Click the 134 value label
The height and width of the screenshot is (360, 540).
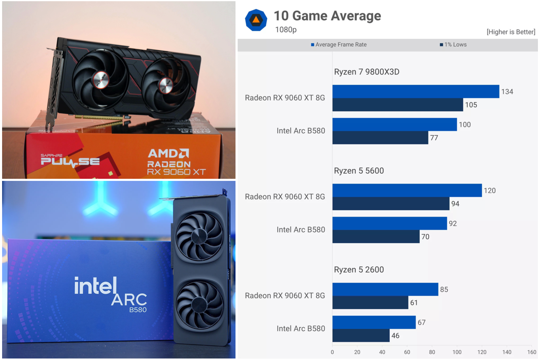pos(507,91)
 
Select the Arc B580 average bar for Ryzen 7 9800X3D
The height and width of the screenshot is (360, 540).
pos(394,124)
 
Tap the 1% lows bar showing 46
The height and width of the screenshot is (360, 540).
pos(361,335)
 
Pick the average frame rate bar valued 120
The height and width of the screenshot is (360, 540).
pos(407,190)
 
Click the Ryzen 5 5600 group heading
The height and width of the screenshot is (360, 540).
pos(359,171)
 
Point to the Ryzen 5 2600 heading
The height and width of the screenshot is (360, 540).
pos(359,269)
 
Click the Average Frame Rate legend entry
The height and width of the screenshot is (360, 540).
pos(339,45)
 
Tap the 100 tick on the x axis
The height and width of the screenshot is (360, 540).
pos(457,352)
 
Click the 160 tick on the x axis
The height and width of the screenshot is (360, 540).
pos(532,352)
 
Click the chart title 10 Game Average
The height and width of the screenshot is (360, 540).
pos(327,16)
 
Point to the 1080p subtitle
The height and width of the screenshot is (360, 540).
pos(286,30)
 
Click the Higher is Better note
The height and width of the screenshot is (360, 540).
pos(511,32)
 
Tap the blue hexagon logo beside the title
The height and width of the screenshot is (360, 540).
pos(256,20)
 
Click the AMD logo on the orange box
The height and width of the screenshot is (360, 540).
pos(168,153)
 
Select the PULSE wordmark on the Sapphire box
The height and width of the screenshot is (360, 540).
pos(70,161)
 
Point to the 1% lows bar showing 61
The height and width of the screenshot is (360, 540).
pos(370,302)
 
